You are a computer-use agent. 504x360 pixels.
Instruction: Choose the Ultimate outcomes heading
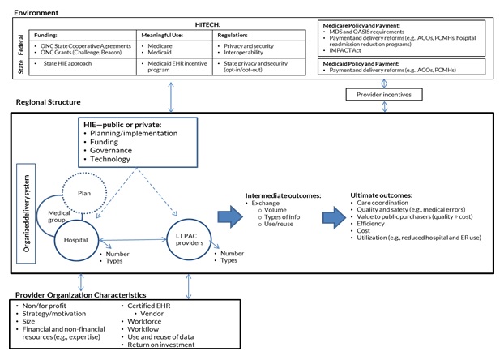click(381, 195)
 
